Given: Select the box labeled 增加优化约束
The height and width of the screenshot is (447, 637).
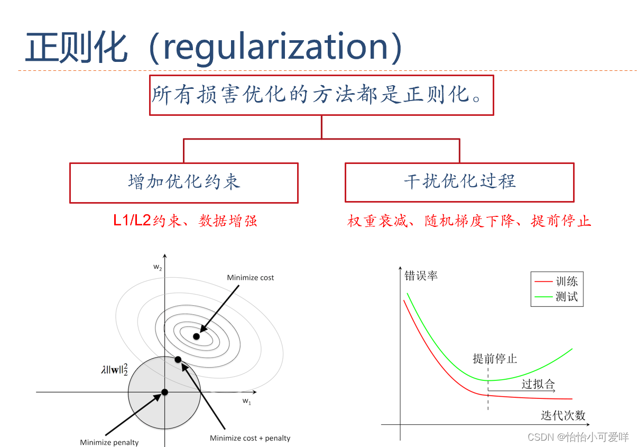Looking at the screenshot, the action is click(184, 183).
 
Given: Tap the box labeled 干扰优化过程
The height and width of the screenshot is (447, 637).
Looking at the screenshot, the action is click(459, 183).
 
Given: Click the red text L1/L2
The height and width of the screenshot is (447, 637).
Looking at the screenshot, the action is click(132, 221).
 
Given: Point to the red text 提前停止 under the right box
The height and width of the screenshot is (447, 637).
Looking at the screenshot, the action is click(561, 221).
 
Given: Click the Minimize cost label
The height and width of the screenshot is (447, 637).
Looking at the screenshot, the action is click(251, 278).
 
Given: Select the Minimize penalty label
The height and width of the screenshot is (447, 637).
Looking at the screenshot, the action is click(109, 442).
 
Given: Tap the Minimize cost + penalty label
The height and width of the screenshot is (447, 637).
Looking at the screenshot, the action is click(250, 438).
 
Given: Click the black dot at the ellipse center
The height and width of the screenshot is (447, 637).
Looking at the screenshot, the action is click(197, 336).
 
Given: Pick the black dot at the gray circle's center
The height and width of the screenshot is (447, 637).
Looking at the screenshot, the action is click(164, 392).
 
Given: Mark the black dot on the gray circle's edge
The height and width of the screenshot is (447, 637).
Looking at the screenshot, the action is click(178, 360).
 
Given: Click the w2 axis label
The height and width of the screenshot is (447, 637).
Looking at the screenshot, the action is click(158, 268).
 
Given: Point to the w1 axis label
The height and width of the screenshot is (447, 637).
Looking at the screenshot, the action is click(247, 401).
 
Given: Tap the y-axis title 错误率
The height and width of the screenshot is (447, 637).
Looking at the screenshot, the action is click(421, 276).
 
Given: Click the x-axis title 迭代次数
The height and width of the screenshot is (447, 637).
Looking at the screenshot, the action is click(563, 416).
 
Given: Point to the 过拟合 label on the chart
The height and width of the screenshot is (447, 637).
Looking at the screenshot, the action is click(538, 384).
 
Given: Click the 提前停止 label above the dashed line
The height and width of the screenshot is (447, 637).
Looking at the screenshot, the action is click(495, 359).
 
